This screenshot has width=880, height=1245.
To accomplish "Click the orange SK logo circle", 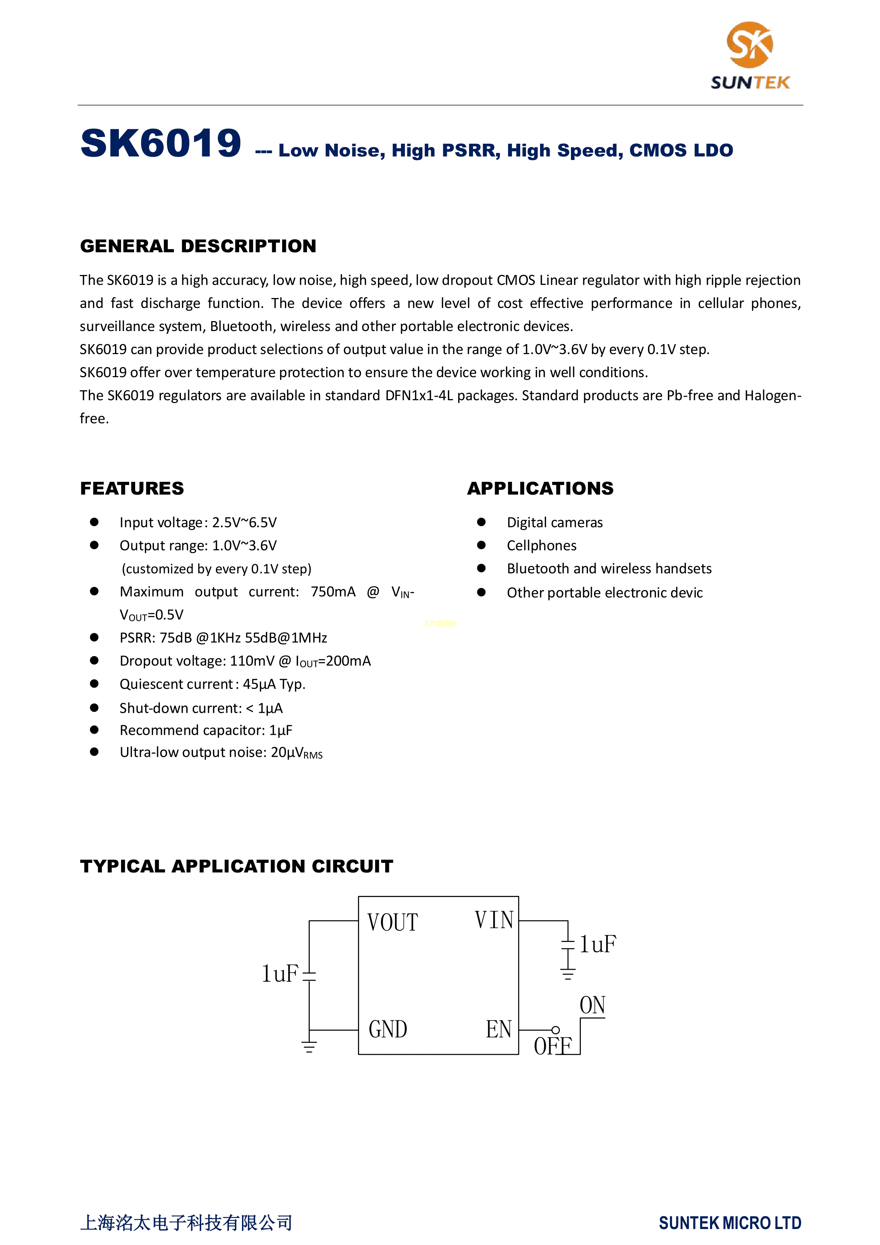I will (750, 44).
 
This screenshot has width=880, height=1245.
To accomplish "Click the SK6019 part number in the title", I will (161, 144).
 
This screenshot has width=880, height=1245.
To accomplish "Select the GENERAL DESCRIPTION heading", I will (198, 246).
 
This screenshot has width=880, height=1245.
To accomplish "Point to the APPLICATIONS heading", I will (540, 489).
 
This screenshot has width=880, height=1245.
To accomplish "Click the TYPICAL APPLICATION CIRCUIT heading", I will (236, 866).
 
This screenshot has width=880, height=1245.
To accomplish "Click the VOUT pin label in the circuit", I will (392, 923).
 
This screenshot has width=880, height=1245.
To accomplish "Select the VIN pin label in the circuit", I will (494, 920).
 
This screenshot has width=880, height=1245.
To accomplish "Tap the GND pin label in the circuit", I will (388, 1029).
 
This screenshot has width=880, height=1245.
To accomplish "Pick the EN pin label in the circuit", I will (498, 1029).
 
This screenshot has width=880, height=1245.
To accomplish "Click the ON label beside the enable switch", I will (592, 1005).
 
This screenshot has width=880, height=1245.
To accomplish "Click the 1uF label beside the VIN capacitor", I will (598, 944).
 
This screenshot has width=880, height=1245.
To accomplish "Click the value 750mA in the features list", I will (333, 591).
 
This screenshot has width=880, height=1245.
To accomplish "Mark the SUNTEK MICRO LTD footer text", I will (730, 1223).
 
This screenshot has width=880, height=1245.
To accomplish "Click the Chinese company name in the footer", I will (186, 1223).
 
